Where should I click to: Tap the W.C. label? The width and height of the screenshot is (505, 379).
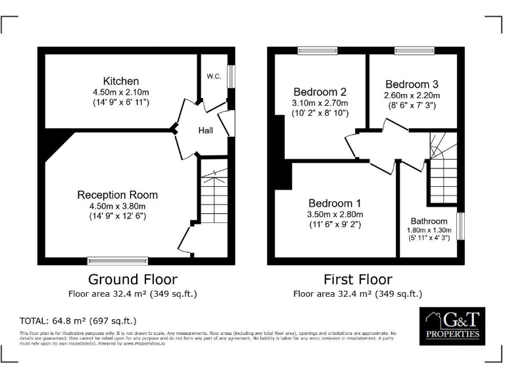213,76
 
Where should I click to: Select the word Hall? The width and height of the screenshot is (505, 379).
206,131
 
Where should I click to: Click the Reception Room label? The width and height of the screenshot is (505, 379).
118,195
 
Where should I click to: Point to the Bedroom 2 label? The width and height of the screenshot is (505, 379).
320,91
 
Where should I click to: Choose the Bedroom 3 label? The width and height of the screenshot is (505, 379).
412,84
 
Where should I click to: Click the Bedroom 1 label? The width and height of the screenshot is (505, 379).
335,203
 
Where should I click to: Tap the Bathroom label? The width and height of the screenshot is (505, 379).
429,221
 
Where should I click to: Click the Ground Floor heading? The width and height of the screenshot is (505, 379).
133,279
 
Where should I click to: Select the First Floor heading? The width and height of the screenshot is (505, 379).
358,279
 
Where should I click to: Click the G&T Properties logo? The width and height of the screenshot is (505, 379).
453,326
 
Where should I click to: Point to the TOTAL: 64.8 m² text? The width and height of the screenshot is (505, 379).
78,321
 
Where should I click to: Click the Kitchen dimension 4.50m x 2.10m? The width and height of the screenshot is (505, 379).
121,92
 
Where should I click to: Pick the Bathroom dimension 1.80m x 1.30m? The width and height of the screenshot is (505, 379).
429,230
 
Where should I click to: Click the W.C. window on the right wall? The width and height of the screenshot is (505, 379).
231,78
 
